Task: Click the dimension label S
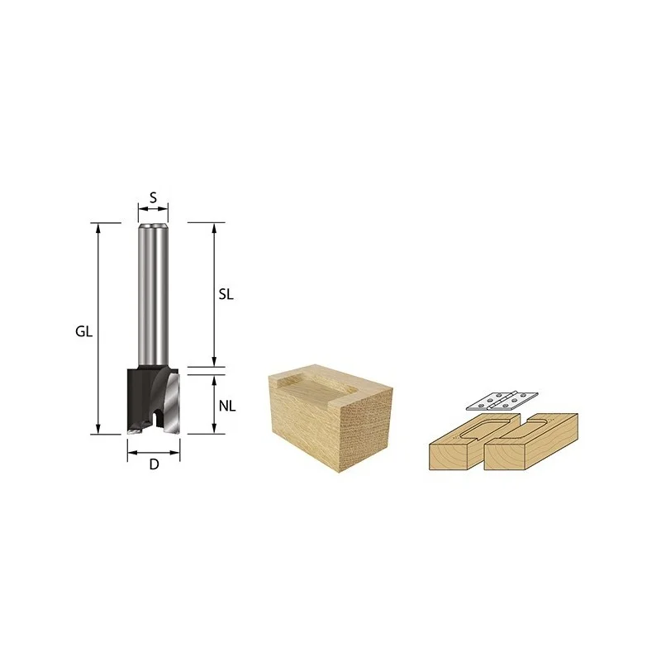(x=153, y=197)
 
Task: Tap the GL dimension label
(x=83, y=332)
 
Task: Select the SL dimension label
(x=226, y=295)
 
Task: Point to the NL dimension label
(x=227, y=407)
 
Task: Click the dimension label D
(x=154, y=464)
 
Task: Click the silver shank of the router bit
(x=153, y=295)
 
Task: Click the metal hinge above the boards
(x=502, y=401)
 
